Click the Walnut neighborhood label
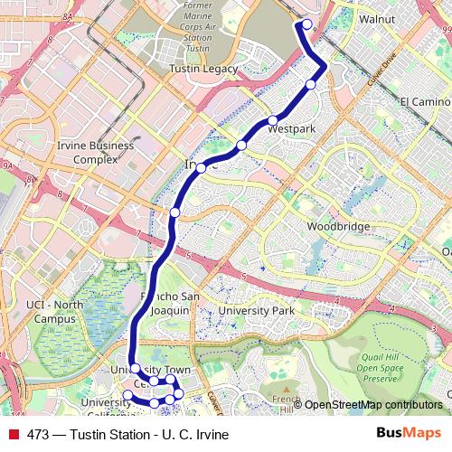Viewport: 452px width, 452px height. (376, 18)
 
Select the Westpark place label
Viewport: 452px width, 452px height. (292, 129)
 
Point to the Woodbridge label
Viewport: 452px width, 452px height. (332, 226)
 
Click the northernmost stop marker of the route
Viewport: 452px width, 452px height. (306, 24)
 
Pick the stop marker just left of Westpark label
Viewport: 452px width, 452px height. (272, 121)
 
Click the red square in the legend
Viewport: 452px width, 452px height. (13, 434)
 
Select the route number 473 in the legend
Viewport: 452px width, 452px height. (38, 434)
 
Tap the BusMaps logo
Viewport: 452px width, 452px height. (410, 433)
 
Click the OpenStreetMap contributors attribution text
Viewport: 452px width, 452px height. (372, 405)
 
